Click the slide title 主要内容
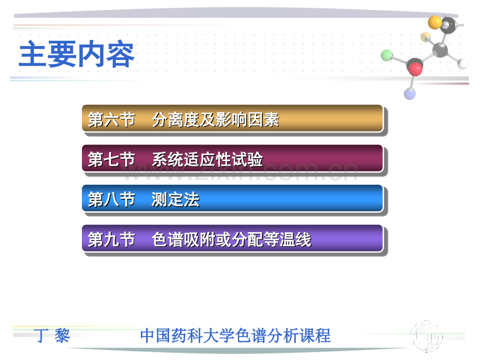pyautogui.click(x=77, y=54)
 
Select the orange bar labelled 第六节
pyautogui.click(x=232, y=118)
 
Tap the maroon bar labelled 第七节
pyautogui.click(x=232, y=158)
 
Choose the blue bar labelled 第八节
pyautogui.click(x=232, y=198)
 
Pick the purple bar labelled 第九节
pyautogui.click(x=232, y=238)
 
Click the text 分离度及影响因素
pyautogui.click(x=215, y=119)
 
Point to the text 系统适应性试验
pyautogui.click(x=207, y=160)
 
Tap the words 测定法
pyautogui.click(x=175, y=200)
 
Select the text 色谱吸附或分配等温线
pyautogui.click(x=232, y=239)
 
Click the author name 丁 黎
pyautogui.click(x=52, y=335)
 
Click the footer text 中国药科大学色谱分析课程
pyautogui.click(x=235, y=335)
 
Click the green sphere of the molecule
pyautogui.click(x=387, y=55)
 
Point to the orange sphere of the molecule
pyautogui.click(x=435, y=22)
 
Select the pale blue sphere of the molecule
pyautogui.click(x=410, y=94)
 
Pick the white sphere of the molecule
pyautogui.click(x=463, y=64)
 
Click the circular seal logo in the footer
pyautogui.click(x=426, y=337)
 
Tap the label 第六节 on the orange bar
pyautogui.click(x=112, y=119)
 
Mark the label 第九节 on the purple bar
pyautogui.click(x=112, y=239)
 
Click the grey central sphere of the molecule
pyautogui.click(x=440, y=50)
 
